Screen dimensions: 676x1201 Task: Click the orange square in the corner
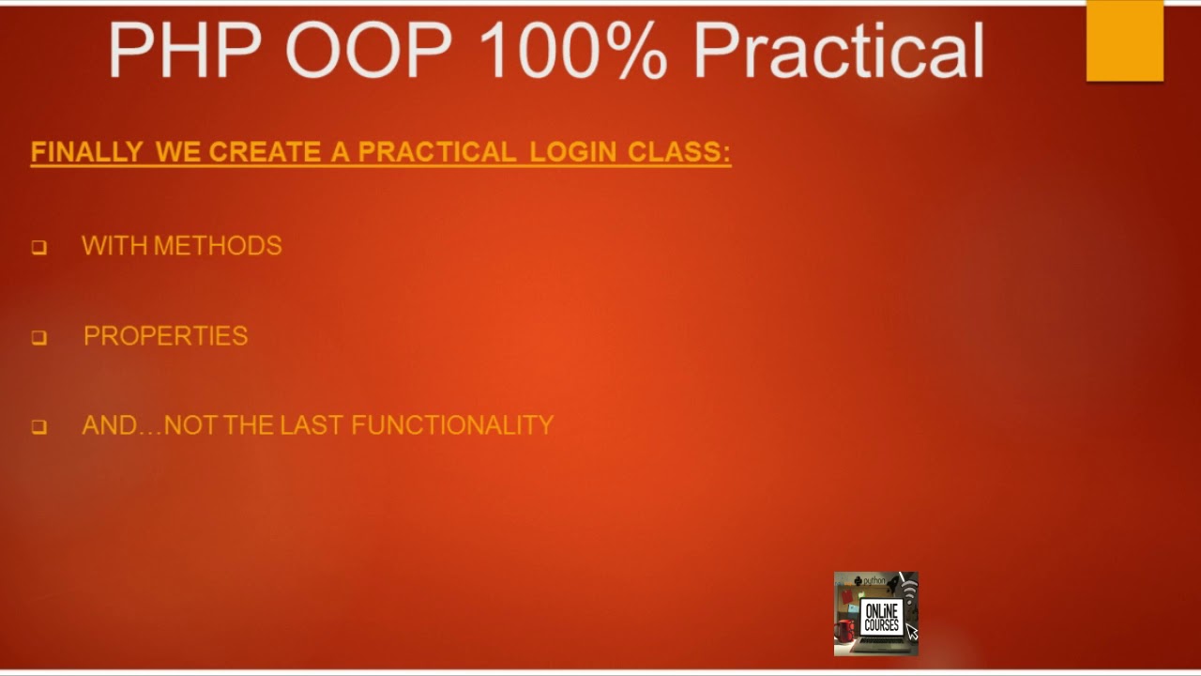click(x=1124, y=40)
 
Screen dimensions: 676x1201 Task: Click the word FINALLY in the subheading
click(x=87, y=152)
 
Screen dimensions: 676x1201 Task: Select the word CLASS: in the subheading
click(x=679, y=152)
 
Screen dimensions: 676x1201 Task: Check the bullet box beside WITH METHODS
click(x=38, y=248)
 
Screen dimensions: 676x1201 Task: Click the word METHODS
click(x=217, y=246)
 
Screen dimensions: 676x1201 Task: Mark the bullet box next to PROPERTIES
click(x=38, y=338)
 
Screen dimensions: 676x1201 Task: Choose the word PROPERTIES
click(x=166, y=336)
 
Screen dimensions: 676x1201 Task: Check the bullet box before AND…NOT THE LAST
click(x=38, y=427)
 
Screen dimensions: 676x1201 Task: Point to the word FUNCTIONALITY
click(x=452, y=425)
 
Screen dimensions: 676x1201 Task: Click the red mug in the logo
click(x=844, y=629)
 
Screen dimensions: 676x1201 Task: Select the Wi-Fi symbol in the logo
click(x=908, y=591)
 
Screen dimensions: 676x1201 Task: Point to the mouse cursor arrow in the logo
click(x=911, y=631)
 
